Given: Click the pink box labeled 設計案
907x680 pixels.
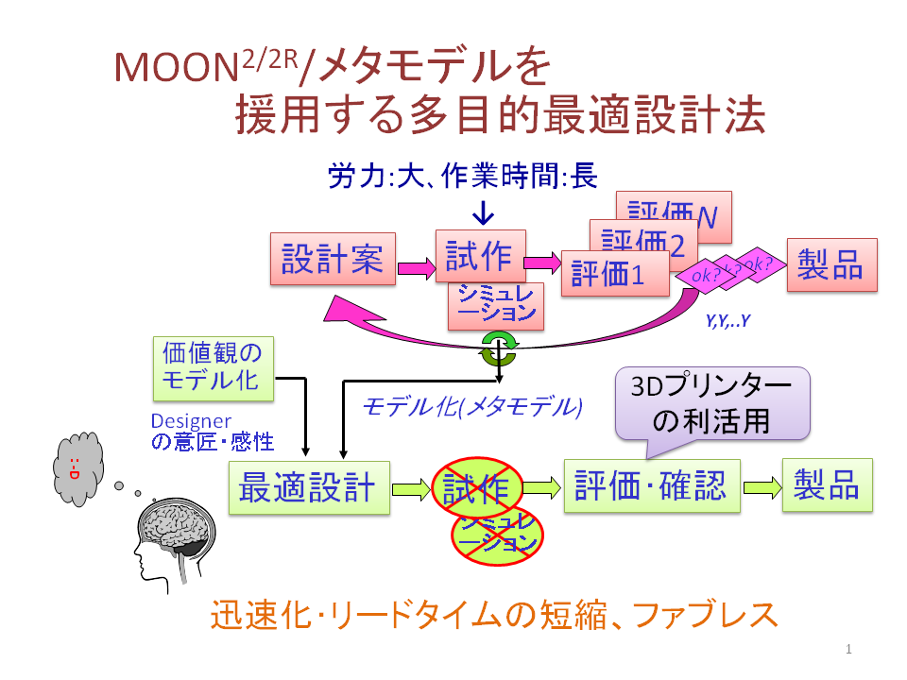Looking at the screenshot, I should (x=333, y=258).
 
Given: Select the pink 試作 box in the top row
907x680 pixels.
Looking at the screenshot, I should (x=479, y=255).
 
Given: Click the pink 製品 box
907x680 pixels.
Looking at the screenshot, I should (x=830, y=263).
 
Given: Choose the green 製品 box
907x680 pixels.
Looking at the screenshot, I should (x=827, y=486).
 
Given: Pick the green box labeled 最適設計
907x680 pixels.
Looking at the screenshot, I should (x=309, y=488).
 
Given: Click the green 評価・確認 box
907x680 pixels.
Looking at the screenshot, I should (x=652, y=486).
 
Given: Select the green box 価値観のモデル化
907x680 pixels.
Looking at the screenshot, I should (x=212, y=368).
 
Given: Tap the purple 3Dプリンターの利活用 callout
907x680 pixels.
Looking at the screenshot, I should (x=712, y=403).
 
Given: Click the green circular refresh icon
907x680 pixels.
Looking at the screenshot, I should (x=497, y=348).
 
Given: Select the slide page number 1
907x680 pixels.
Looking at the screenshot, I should (x=849, y=649).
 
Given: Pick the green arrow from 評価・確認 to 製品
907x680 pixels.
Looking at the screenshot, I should (x=762, y=487).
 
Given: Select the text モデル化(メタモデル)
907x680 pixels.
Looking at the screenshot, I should (x=472, y=407).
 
